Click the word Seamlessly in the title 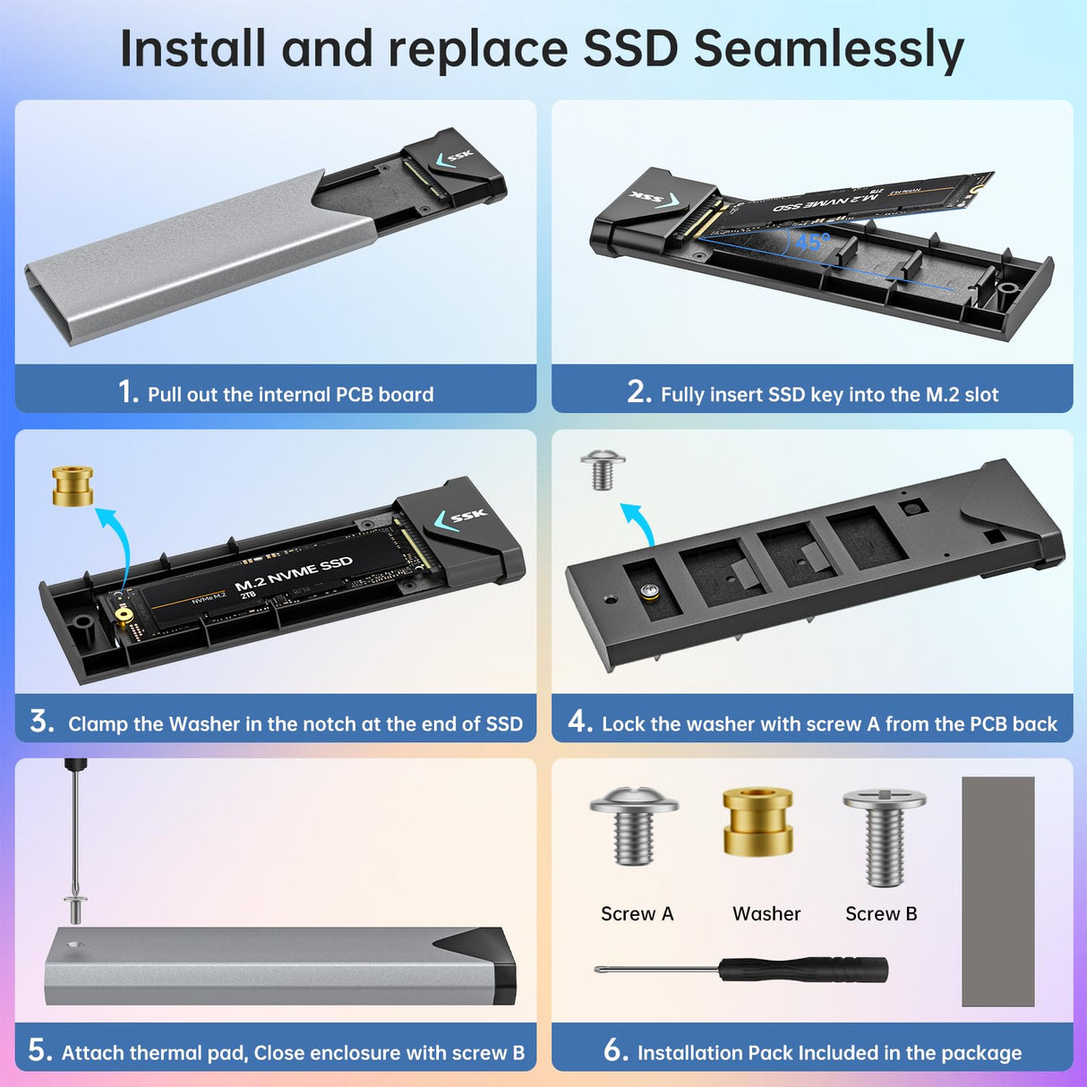[828, 49]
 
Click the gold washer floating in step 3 [73, 485]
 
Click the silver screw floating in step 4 [603, 469]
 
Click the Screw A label [637, 913]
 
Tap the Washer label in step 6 [766, 913]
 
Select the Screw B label [881, 913]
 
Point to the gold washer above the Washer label [757, 820]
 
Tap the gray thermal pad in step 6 [997, 891]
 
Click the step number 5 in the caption [39, 1050]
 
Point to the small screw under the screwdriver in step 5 [75, 908]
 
